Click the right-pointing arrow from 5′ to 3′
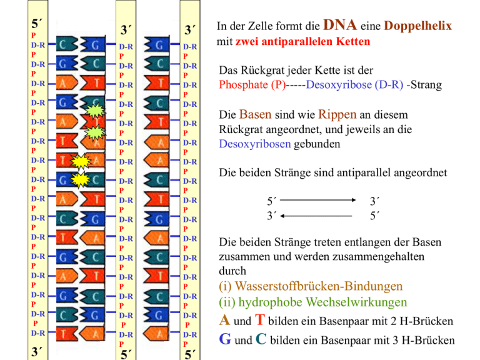320,201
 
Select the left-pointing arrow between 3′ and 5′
320,216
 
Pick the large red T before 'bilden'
262,321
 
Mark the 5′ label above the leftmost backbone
37,24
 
